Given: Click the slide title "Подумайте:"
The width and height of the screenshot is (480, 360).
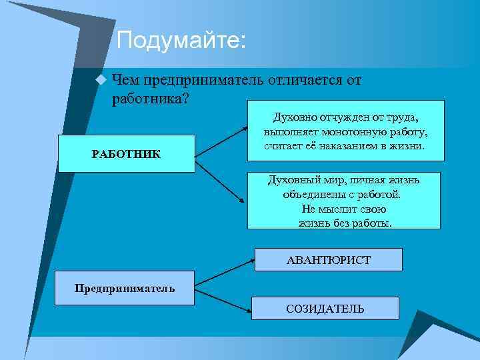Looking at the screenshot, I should click(x=181, y=41).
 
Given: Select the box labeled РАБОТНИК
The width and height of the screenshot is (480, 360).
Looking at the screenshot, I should click(x=126, y=154).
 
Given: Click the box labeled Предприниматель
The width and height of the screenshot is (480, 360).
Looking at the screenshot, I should click(x=125, y=288).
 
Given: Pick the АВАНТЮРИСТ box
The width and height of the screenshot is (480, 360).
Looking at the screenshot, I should click(x=328, y=259).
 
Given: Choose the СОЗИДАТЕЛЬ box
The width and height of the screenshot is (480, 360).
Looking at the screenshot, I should click(x=325, y=309).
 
